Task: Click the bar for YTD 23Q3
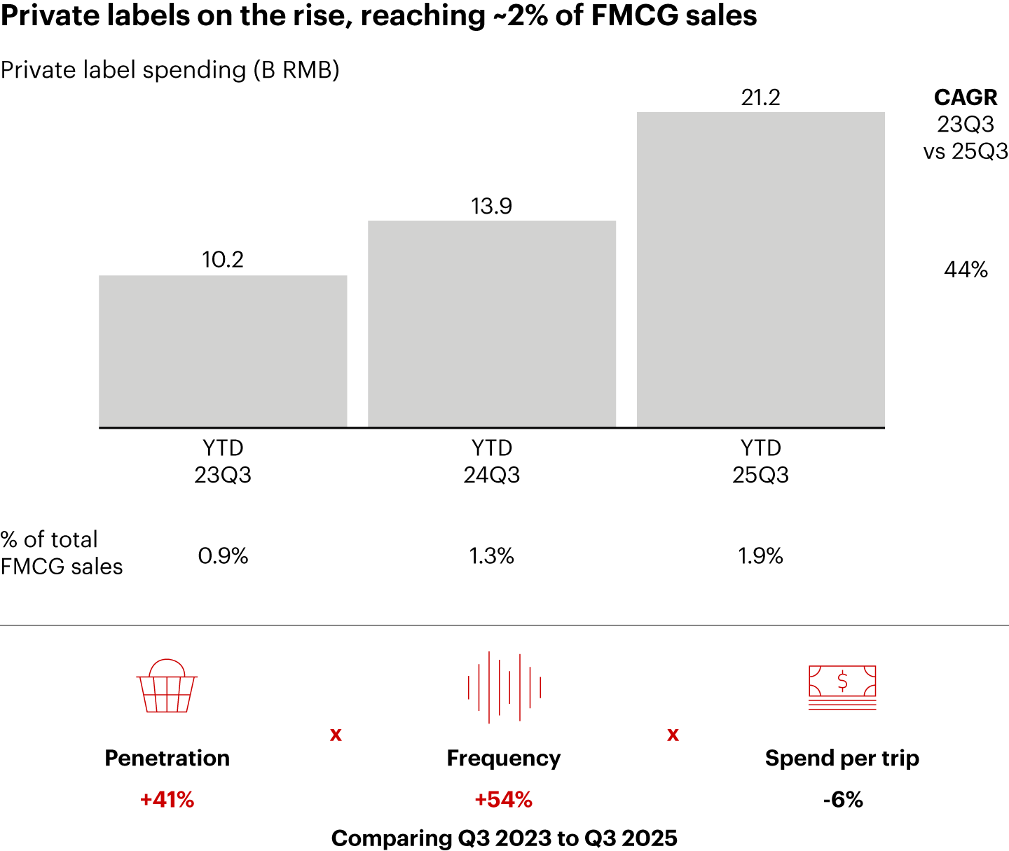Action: tap(223, 351)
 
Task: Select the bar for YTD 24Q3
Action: tap(492, 324)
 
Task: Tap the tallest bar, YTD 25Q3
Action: tap(760, 270)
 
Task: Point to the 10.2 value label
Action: tap(223, 260)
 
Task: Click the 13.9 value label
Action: tap(492, 206)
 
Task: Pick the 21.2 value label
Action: tap(760, 97)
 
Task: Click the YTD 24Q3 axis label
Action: tap(492, 462)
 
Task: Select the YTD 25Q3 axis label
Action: tap(760, 462)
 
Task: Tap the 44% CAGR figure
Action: tap(966, 270)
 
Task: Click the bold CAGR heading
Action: tap(966, 97)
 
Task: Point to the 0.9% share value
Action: tap(223, 556)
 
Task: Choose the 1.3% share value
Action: tap(492, 556)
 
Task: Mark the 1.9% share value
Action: tap(760, 556)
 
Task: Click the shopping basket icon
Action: tap(167, 686)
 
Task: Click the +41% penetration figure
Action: tap(167, 800)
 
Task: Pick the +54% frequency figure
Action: tap(504, 800)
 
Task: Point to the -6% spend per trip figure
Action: tap(842, 800)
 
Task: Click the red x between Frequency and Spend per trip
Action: tap(673, 735)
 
